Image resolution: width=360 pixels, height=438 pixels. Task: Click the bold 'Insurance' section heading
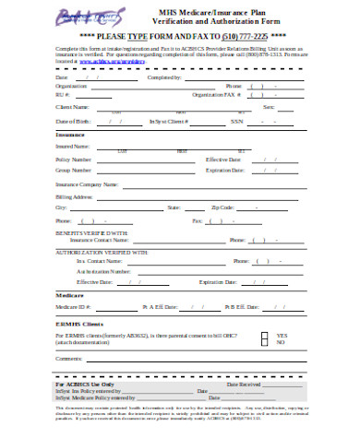[71, 136]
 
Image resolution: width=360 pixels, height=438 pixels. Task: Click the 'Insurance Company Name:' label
[88, 184]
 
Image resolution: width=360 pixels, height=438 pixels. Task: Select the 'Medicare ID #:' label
[74, 306]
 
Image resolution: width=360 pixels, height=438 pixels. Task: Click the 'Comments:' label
[70, 358]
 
